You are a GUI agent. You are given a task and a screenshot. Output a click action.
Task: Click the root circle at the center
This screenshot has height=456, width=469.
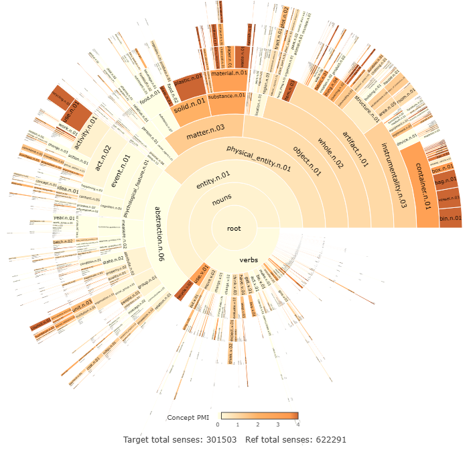(234, 228)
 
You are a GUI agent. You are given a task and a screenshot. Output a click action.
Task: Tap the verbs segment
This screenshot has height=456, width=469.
(249, 260)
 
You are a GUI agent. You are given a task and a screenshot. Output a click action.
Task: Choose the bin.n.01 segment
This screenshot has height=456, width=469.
(450, 218)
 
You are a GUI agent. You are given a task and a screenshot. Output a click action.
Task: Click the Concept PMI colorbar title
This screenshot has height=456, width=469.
(188, 417)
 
